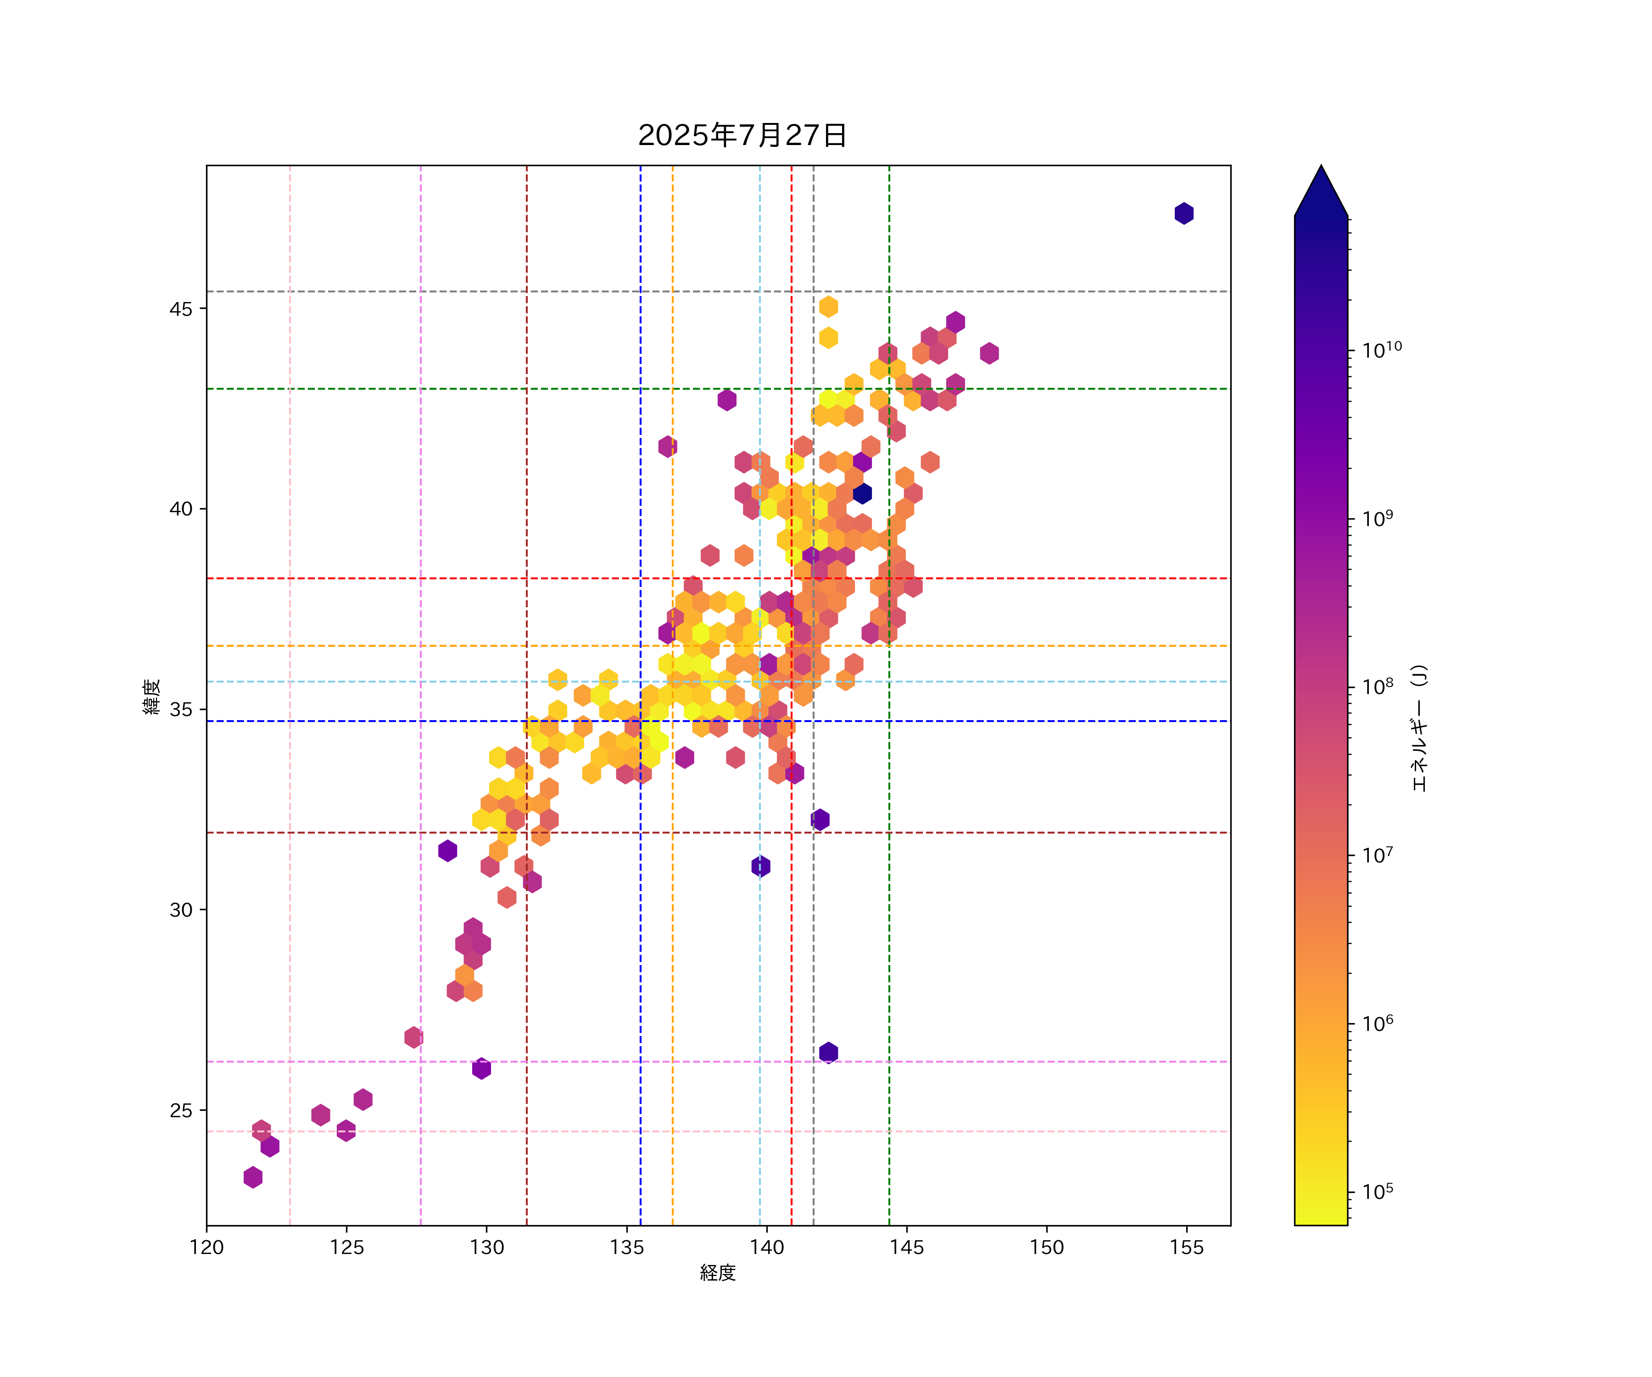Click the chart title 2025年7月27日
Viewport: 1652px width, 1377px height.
point(742,135)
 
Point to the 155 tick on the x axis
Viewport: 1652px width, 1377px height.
point(1186,1247)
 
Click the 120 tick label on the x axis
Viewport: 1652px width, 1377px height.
point(207,1247)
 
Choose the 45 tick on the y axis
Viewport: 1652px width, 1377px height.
point(181,308)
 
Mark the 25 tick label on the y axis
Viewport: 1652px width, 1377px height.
point(181,1110)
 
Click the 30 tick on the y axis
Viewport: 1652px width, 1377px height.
point(181,910)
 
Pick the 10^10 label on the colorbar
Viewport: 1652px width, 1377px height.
point(1382,349)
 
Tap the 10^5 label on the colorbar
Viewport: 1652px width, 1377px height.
point(1378,1191)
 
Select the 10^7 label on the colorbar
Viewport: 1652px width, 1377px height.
point(1378,855)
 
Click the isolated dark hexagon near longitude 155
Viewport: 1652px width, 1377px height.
point(1184,213)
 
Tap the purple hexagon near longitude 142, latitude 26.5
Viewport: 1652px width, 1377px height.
point(828,1052)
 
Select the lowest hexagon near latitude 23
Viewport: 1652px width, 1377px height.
point(252,1177)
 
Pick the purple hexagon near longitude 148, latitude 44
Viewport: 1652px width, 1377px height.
point(989,353)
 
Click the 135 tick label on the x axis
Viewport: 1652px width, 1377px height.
point(627,1247)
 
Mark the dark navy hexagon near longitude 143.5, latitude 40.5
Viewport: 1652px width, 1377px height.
point(862,493)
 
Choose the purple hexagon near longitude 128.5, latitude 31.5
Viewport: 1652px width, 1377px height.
point(447,851)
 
